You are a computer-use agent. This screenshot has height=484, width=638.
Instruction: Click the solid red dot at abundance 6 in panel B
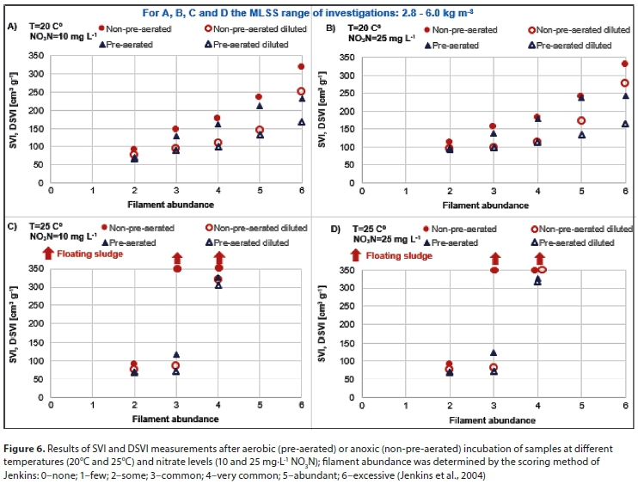click(x=624, y=64)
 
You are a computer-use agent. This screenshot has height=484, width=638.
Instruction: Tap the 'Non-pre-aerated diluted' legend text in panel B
click(x=585, y=29)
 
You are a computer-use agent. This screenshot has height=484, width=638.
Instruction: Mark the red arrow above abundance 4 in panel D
click(x=540, y=257)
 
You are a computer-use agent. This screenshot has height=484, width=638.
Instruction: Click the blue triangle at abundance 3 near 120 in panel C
click(x=176, y=354)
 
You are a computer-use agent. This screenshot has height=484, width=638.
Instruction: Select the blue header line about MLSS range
click(x=318, y=12)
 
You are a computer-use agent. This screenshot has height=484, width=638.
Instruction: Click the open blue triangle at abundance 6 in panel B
click(x=625, y=124)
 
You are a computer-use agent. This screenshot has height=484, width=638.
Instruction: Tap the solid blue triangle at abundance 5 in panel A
click(x=260, y=106)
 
